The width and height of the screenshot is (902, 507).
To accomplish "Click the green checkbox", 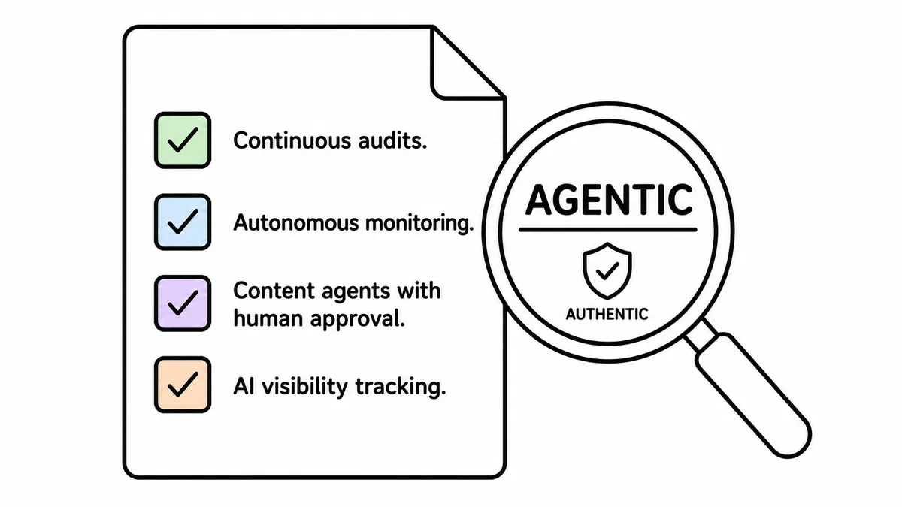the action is (x=183, y=140).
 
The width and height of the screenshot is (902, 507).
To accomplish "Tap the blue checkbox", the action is (x=183, y=222).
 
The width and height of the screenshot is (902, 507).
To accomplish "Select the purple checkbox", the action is (x=183, y=303).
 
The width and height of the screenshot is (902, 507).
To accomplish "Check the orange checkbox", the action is (x=183, y=385).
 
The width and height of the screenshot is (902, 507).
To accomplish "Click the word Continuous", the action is (x=292, y=140).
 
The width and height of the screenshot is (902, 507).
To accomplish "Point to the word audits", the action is (x=392, y=140).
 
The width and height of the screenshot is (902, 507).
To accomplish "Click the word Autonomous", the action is (x=296, y=222).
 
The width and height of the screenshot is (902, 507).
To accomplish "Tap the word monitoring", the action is (x=419, y=224).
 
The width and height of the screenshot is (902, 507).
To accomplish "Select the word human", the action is (x=268, y=318).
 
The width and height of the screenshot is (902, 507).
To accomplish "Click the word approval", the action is (x=358, y=319).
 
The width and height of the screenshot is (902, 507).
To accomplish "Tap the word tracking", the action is (x=401, y=387).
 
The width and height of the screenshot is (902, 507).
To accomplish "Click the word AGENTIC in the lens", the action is (x=609, y=200).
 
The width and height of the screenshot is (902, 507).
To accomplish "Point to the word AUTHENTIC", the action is (x=607, y=314).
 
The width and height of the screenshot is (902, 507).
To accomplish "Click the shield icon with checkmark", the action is (x=607, y=270).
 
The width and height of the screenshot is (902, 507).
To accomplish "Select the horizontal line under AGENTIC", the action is (x=608, y=230).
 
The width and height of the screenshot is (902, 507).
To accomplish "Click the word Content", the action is (x=274, y=291).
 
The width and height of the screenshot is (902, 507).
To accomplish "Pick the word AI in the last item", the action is (x=244, y=386).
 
